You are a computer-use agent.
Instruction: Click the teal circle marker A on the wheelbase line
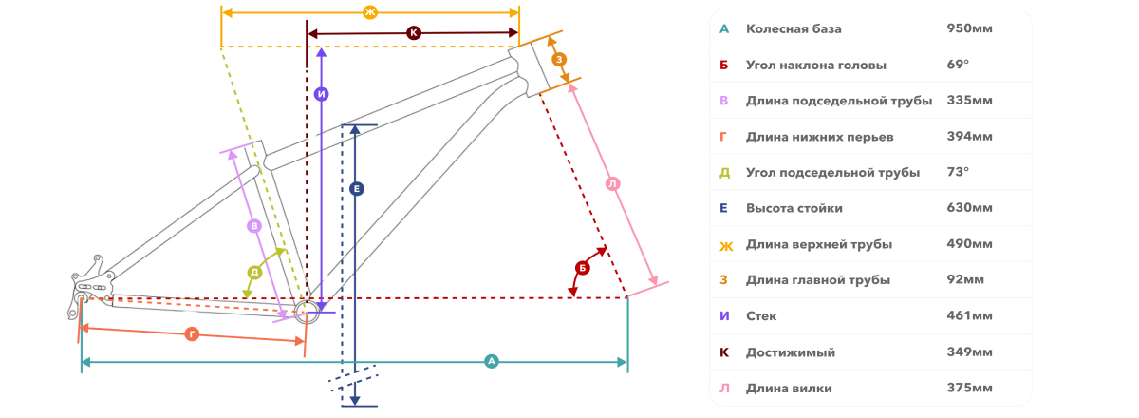tap(492, 362)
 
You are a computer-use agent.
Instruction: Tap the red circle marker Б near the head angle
tap(582, 268)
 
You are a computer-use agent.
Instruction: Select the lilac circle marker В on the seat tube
tap(254, 226)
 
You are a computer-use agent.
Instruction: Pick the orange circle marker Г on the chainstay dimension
tap(192, 334)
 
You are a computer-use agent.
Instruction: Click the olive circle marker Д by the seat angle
tap(254, 273)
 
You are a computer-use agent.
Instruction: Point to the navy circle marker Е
tap(357, 189)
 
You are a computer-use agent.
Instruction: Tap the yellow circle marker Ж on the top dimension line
tap(370, 12)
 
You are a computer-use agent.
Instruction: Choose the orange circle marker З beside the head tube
tap(559, 60)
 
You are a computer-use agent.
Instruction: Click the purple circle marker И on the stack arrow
tap(322, 94)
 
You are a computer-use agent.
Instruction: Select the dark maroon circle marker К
tap(414, 33)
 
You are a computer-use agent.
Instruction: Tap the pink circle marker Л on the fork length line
tap(613, 183)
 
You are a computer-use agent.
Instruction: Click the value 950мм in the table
tap(969, 28)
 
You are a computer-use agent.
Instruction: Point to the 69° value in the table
tap(958, 65)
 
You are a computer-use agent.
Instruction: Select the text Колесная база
tap(794, 29)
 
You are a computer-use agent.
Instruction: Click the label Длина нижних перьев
tap(820, 137)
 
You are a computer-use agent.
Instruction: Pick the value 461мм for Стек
tap(969, 315)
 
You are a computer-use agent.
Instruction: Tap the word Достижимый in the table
tap(791, 352)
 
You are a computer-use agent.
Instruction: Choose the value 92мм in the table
tap(965, 279)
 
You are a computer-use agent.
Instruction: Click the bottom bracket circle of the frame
tap(307, 311)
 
